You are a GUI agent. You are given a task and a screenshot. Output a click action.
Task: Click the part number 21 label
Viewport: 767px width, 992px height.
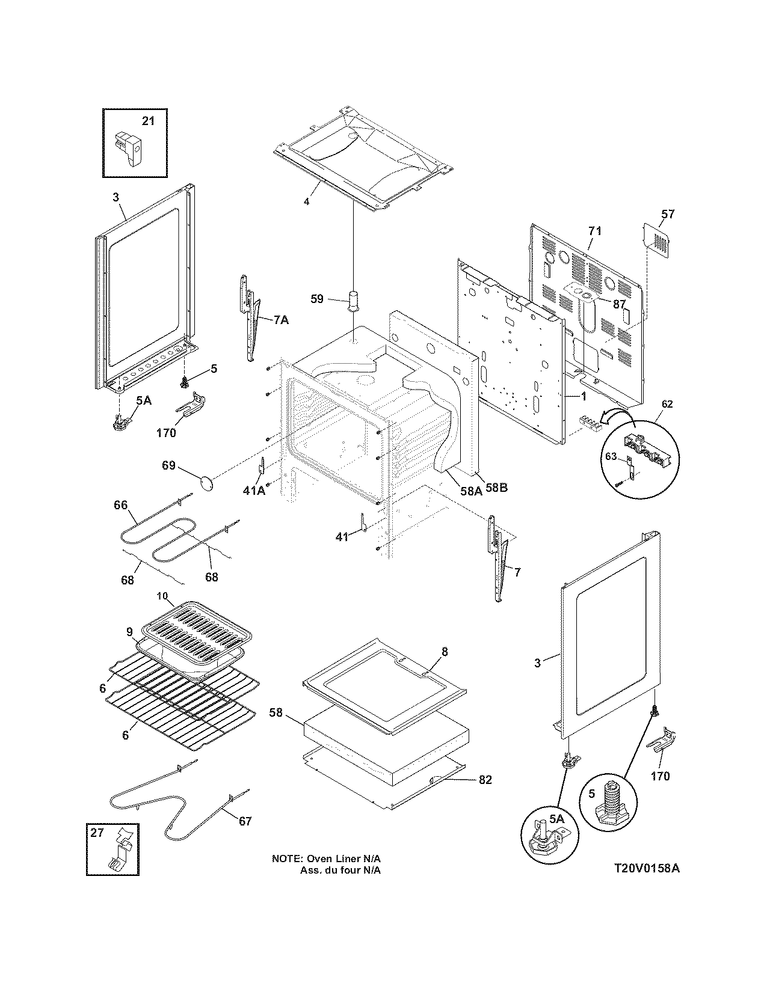(148, 121)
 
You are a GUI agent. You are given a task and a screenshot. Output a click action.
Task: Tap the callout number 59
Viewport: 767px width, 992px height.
(318, 298)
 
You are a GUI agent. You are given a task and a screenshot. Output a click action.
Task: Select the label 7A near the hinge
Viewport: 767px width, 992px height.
(280, 320)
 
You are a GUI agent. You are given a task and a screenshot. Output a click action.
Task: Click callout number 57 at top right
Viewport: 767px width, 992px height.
(668, 214)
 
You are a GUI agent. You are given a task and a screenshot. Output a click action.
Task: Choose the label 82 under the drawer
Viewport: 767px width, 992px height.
(485, 780)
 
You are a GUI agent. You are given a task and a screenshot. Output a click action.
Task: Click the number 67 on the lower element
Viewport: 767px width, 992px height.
(245, 821)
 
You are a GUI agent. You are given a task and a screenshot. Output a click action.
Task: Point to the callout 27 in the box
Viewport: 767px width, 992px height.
(97, 833)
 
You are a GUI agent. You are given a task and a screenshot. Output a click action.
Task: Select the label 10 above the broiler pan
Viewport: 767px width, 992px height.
(163, 595)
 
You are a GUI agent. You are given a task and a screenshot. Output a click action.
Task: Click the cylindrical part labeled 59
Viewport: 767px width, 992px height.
(353, 298)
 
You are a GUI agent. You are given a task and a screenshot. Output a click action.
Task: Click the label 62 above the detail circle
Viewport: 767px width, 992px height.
(668, 404)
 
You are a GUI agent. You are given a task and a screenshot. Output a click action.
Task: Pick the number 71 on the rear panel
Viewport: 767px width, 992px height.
(594, 231)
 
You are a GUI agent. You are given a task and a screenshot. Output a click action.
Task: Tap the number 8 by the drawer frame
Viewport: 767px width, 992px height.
(445, 652)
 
